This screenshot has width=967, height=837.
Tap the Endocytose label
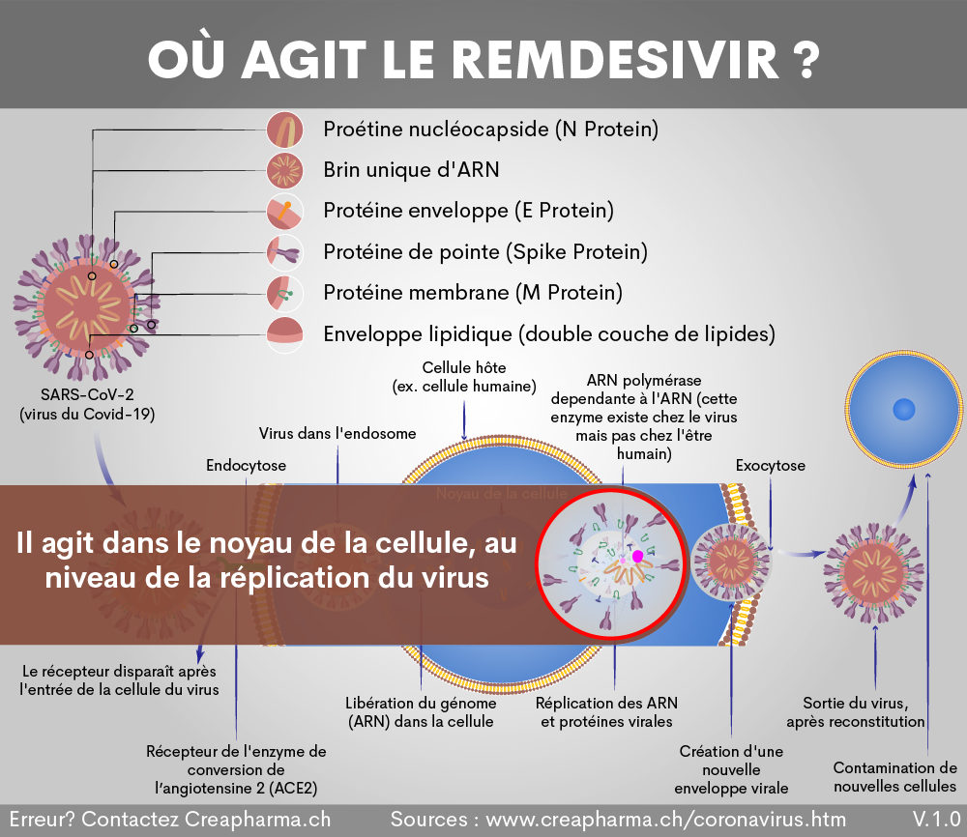click(x=246, y=466)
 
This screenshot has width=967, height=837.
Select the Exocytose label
click(x=770, y=466)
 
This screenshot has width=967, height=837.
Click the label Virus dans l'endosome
click(x=337, y=434)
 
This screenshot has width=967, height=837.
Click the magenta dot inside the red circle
click(x=637, y=557)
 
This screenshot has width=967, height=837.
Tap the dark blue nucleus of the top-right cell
click(x=904, y=409)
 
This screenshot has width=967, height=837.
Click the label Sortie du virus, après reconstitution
click(x=855, y=712)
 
